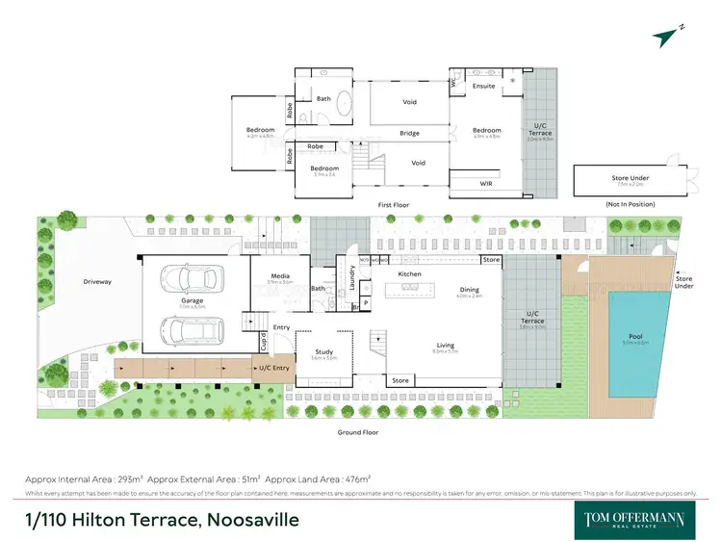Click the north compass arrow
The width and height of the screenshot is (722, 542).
point(666,38)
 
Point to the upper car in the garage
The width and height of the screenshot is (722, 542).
point(190,278)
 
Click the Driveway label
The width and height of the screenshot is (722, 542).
point(96,281)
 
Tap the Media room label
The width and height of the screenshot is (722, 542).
point(280,277)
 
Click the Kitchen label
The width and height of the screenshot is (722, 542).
point(410,274)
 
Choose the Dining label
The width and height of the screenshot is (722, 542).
point(469,290)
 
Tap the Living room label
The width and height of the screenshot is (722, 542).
point(446,345)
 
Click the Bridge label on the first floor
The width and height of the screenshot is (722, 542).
point(409,134)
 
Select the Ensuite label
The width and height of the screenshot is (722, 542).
point(483,86)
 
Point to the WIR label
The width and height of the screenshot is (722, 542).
point(486,182)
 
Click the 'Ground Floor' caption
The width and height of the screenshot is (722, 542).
point(357,432)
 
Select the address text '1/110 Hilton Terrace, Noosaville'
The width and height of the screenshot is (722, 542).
point(162,520)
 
